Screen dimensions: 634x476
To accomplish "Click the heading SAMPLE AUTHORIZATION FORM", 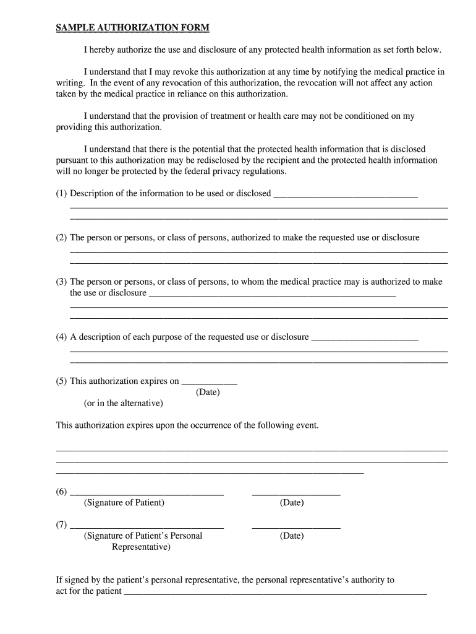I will pos(133,28).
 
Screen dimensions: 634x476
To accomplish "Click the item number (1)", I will pos(61,193).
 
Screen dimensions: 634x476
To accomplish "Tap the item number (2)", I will pos(61,238).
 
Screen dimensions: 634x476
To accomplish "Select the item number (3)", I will pos(61,282).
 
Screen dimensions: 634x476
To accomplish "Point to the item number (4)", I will pos(61,337).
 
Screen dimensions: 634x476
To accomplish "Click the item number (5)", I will pos(61,381).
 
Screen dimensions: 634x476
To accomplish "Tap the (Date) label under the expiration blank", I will pos(208,393).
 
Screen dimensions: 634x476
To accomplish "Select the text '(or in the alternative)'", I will pos(124,404).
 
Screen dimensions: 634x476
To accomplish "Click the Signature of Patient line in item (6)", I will pos(147,494).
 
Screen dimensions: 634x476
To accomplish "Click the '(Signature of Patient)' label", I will pos(124,503).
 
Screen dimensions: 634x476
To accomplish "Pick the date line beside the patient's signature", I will pos(296,494).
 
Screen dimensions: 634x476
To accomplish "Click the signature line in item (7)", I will pos(147,527).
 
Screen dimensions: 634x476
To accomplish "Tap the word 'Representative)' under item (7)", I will pos(141,547).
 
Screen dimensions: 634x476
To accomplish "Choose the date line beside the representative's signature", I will pos(296,527).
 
